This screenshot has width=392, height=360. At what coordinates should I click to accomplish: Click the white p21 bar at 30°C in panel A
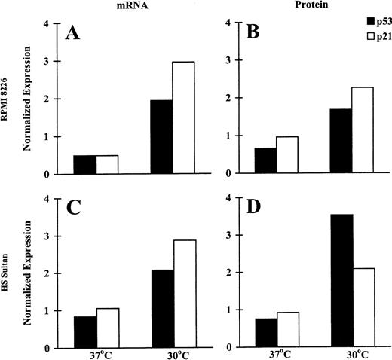click(204, 117)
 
